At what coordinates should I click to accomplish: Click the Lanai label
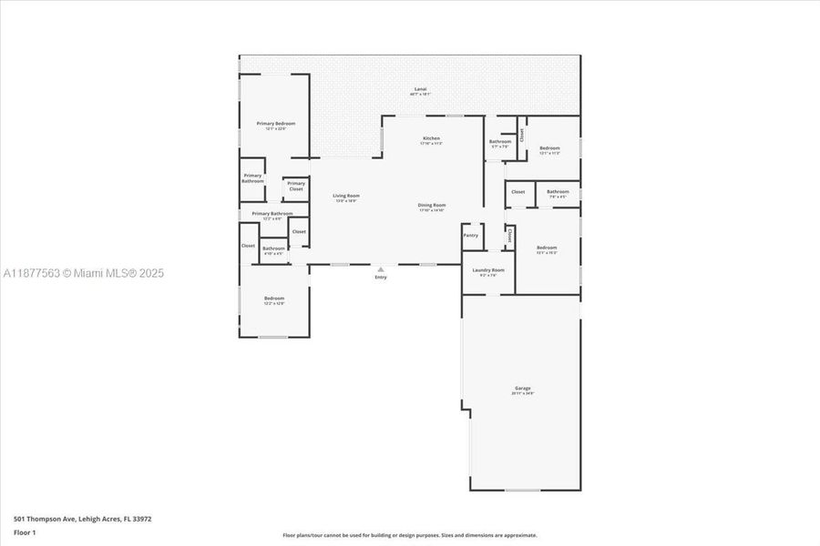pos(420,89)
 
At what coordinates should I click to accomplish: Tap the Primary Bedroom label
pos(275,123)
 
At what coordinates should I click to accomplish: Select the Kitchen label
pos(430,138)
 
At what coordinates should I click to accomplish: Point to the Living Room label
pos(345,196)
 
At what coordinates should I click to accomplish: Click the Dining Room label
pos(432,205)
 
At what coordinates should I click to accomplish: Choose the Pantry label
pos(470,235)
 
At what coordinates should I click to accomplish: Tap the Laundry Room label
pos(487,269)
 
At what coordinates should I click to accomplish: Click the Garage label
pos(522,388)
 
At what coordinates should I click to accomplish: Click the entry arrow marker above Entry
pos(381,269)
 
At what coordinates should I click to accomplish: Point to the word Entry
pos(381,278)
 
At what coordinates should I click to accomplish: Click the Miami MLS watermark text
pos(82,273)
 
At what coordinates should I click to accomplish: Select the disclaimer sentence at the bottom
pos(410,535)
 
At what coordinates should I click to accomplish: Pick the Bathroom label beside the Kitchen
pos(499,141)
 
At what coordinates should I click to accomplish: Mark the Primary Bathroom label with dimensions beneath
pos(265,214)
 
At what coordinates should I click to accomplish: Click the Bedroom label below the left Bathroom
pos(274,298)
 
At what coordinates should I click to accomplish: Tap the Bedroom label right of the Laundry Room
pos(547,248)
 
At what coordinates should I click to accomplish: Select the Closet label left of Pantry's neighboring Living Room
pos(299,231)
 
